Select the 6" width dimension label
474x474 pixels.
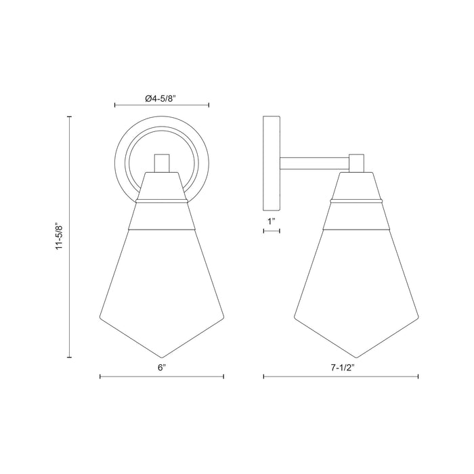point(161,369)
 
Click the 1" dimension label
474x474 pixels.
point(271,221)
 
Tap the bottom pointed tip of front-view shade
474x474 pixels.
point(161,357)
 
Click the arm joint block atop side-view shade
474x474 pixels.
point(358,163)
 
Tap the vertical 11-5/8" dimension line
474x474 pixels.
point(70,237)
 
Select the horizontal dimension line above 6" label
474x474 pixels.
point(161,378)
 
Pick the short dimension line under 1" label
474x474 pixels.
point(271,232)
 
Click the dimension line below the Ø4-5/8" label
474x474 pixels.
point(161,106)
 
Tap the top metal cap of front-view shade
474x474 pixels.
point(161,186)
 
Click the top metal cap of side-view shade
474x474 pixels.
point(358,186)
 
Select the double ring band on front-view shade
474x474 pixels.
point(161,202)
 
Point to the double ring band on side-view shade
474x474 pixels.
point(358,202)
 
